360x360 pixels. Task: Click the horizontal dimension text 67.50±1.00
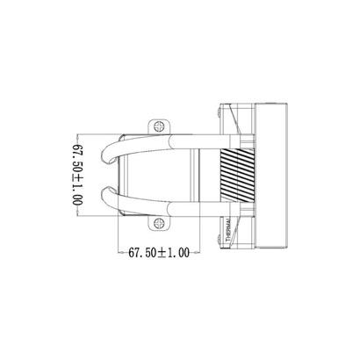159,253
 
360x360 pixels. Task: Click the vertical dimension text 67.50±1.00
76,175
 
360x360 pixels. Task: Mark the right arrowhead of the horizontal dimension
198,253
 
